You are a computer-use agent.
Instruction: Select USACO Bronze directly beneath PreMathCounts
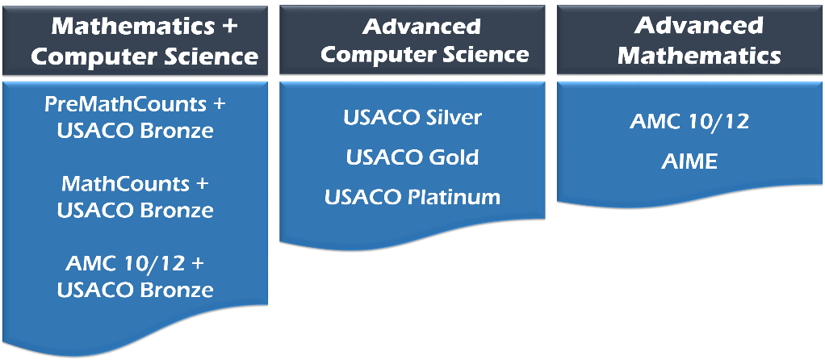[x=136, y=131]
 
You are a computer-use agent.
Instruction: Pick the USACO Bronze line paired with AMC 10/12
[x=136, y=290]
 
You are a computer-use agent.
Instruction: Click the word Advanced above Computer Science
[x=421, y=27]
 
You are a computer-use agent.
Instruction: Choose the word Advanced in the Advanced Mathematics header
[x=699, y=26]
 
